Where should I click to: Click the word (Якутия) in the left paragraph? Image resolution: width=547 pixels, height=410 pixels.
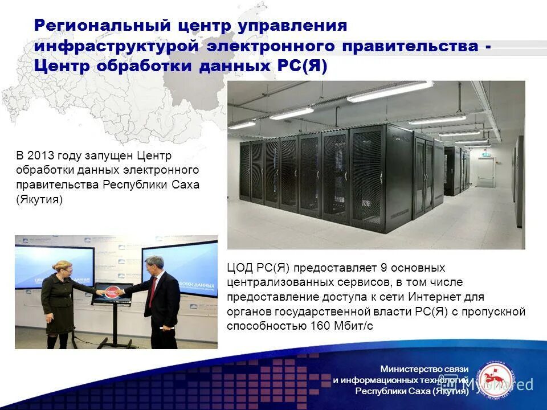click(39, 200)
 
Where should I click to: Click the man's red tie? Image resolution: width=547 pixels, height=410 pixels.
click(153, 284)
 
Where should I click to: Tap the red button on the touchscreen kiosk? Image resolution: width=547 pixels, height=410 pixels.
click(112, 290)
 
